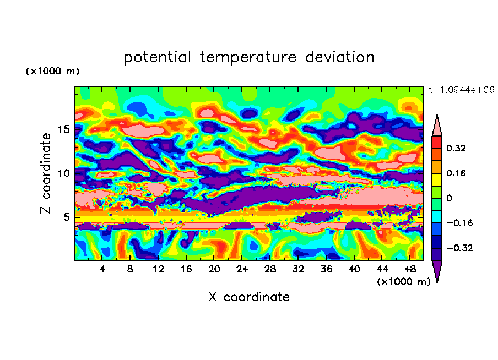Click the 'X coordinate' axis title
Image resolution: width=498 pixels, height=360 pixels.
(249, 297)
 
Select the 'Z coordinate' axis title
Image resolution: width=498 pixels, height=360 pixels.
(46, 173)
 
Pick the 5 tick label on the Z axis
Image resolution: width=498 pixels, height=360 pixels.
(67, 217)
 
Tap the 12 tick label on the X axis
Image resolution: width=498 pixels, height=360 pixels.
(158, 269)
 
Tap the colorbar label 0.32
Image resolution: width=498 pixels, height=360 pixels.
(456, 148)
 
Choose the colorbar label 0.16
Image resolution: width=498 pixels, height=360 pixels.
(456, 173)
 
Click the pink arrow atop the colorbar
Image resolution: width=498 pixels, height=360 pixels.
(437, 124)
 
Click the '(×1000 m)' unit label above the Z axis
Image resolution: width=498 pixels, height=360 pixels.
(52, 72)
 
